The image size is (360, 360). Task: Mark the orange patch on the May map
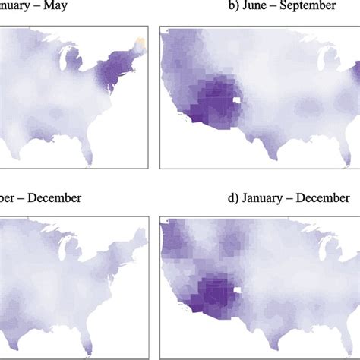pos(139,42)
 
